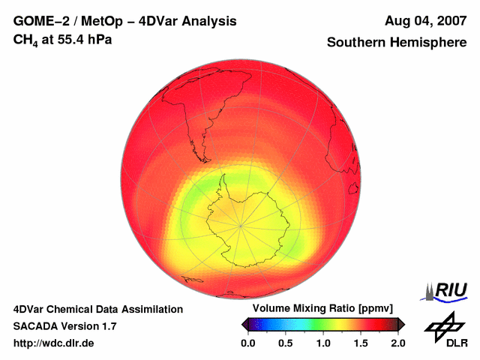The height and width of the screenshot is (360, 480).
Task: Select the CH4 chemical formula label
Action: coord(27,39)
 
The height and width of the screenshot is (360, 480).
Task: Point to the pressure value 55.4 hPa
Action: coord(85,38)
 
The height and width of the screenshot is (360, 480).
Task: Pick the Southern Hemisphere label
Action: coord(397,43)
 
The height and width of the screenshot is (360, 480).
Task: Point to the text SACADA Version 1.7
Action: coord(64,326)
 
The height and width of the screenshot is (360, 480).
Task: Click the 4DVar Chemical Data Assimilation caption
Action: coord(97,309)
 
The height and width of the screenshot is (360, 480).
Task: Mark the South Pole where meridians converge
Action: coord(241,225)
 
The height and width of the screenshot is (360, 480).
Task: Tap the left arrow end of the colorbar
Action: coord(244,324)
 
